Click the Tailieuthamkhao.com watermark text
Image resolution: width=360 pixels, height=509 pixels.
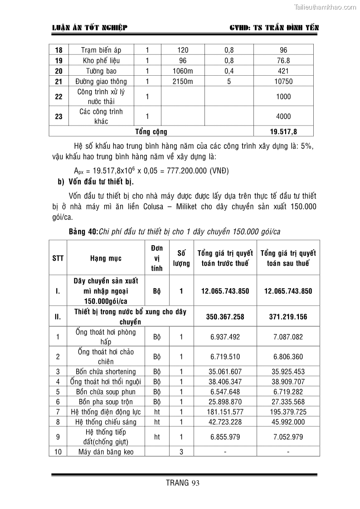click(x=325, y=7)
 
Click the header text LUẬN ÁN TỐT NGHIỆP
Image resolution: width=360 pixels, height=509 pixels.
click(x=90, y=28)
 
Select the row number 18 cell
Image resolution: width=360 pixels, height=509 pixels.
click(x=58, y=50)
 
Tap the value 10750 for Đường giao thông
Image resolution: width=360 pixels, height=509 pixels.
click(x=283, y=82)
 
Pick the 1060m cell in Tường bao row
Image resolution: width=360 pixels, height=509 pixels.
click(x=183, y=71)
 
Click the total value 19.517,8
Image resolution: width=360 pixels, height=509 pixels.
click(x=283, y=132)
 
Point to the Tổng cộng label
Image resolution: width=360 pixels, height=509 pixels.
click(x=151, y=132)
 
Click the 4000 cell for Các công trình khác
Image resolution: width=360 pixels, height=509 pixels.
click(x=283, y=116)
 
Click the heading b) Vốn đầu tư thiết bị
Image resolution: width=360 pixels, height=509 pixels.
click(x=93, y=182)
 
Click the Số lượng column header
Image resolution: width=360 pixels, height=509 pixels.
click(x=181, y=258)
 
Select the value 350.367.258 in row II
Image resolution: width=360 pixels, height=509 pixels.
click(x=225, y=317)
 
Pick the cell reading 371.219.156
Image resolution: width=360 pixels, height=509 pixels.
click(x=288, y=317)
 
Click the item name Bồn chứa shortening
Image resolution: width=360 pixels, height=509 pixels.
click(x=106, y=372)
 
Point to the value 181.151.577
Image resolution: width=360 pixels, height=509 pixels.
click(x=225, y=412)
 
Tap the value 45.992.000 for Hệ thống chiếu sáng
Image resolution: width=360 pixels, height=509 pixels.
click(x=288, y=422)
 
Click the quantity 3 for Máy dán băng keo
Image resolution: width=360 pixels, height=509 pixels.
click(x=181, y=451)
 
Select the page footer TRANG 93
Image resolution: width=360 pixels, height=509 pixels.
click(x=183, y=483)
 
